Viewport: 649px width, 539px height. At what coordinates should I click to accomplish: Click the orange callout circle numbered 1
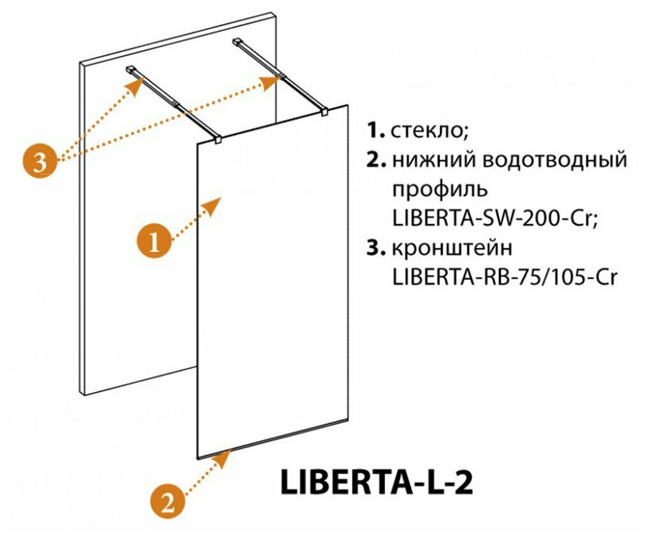(x=154, y=242)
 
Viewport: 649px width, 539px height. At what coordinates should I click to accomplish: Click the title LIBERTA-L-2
(x=375, y=482)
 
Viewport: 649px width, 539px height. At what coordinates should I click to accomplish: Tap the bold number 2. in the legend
(x=375, y=160)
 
